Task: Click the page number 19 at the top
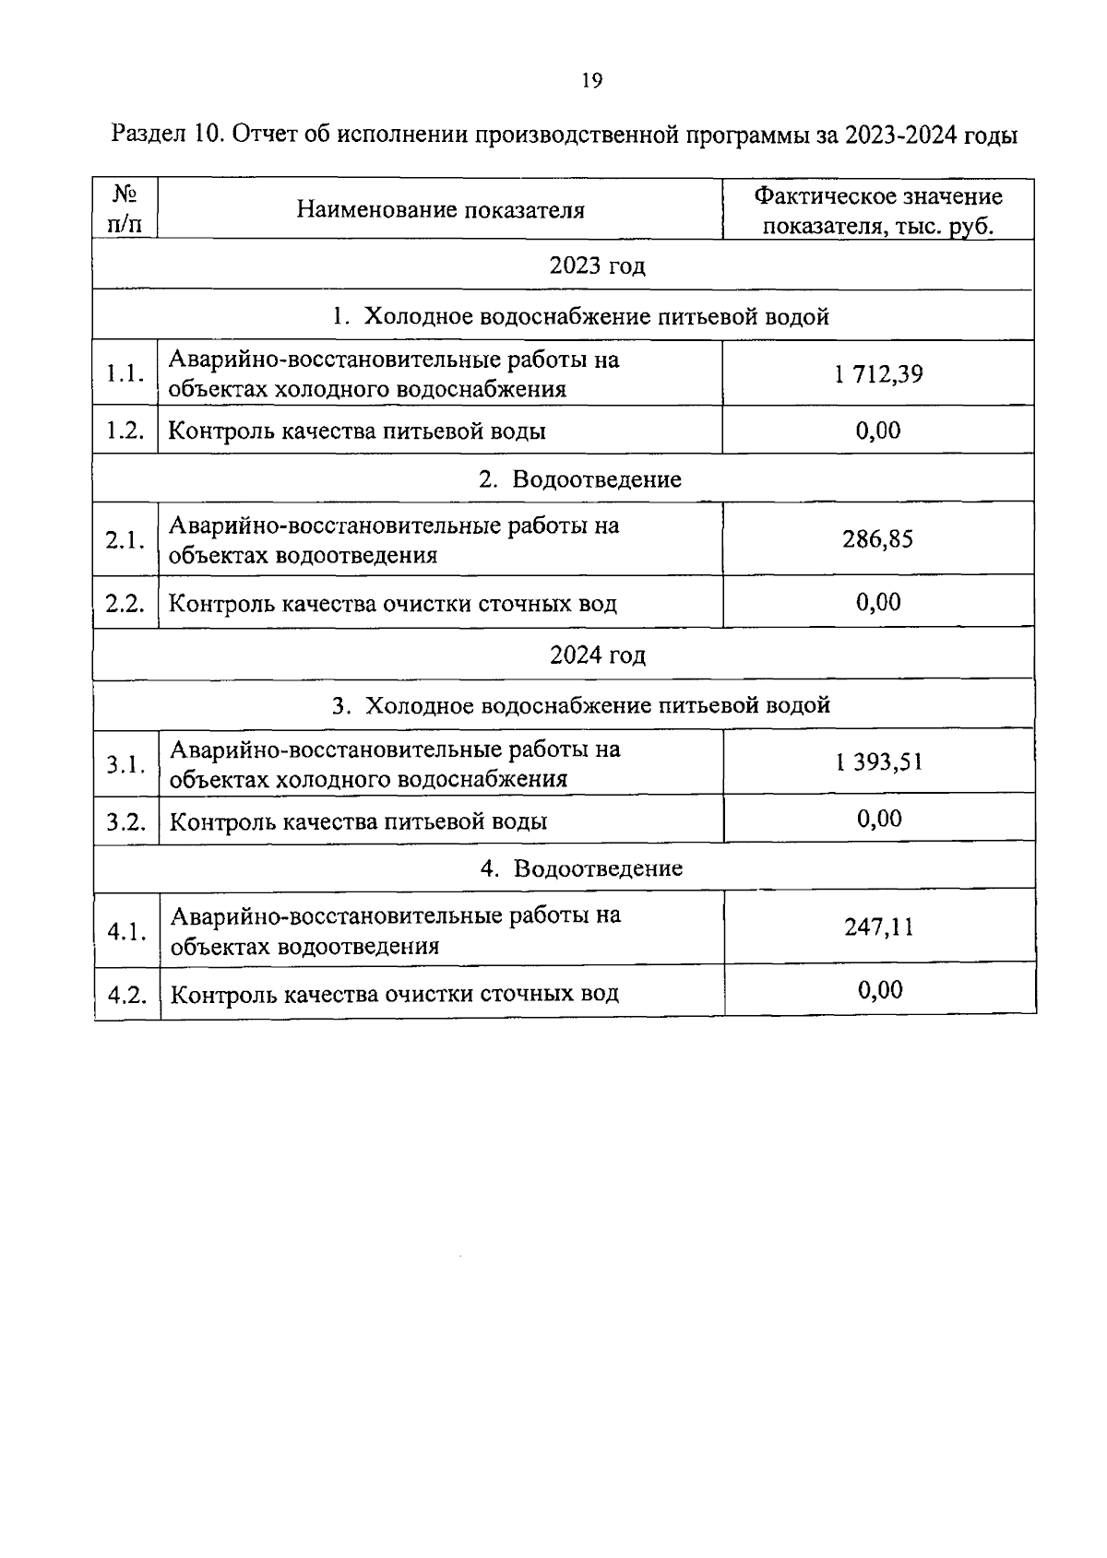click(592, 81)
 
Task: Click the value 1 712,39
click(877, 374)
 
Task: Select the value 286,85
click(877, 539)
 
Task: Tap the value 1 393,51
click(878, 762)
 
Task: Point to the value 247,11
click(878, 927)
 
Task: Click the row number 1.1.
click(125, 374)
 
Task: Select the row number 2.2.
click(125, 604)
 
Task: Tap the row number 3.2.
click(126, 821)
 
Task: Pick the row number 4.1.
click(126, 932)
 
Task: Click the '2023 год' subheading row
click(597, 266)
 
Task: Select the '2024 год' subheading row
click(598, 655)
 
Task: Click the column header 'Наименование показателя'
click(440, 210)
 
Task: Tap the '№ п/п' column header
click(125, 209)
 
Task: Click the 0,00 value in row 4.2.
click(880, 991)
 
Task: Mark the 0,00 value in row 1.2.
click(878, 431)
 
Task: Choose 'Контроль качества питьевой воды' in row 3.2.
click(359, 821)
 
